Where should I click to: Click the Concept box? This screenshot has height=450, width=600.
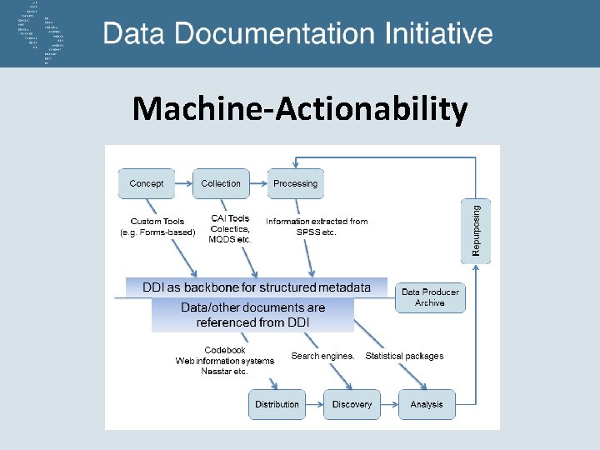[x=147, y=183]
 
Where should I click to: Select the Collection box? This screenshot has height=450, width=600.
[x=221, y=183]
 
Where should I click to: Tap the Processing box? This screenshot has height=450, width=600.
[x=295, y=183]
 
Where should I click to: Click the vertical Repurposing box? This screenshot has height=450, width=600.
[x=477, y=232]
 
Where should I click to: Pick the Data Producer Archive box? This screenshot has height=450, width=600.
[x=430, y=297]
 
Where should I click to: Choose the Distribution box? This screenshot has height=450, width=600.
[x=277, y=404]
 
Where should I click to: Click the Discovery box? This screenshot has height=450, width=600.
[x=352, y=404]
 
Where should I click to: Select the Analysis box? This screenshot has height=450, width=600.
[x=427, y=404]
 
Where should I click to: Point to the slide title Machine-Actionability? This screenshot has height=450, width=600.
[x=300, y=108]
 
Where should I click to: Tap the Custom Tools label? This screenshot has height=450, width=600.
[x=157, y=222]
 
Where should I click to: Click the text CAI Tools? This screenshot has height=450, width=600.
[x=230, y=218]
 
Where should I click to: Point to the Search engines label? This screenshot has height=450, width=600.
[x=322, y=356]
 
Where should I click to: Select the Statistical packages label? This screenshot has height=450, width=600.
[x=404, y=356]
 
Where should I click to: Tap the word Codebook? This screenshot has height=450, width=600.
[x=225, y=350]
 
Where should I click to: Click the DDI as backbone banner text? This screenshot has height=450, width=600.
[x=257, y=287]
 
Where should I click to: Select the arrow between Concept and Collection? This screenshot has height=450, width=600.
[x=183, y=184]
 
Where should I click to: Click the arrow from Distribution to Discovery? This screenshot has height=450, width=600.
[x=312, y=404]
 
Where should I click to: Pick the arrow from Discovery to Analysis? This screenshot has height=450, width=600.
[x=387, y=404]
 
